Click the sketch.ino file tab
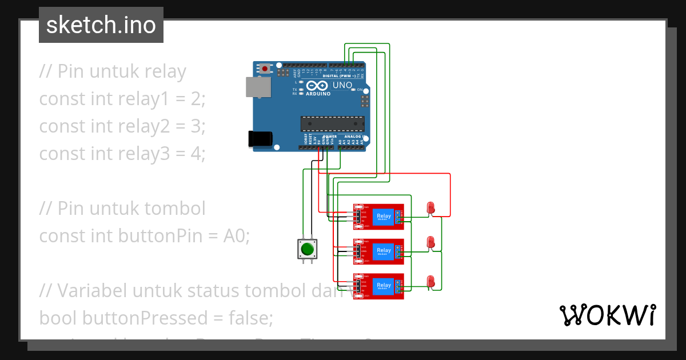101,25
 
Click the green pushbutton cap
307,249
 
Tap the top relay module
378,217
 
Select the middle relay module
378,251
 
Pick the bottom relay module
378,286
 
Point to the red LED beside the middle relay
431,242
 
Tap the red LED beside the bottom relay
431,281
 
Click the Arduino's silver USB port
258,87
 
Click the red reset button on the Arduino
265,69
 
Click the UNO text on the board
342,85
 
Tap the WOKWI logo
607,315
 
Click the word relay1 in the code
144,99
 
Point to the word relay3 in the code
144,154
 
